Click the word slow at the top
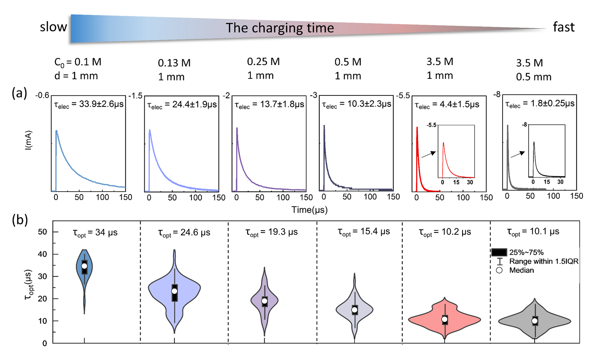click(x=54, y=27)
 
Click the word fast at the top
click(x=564, y=27)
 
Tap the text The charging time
click(x=280, y=28)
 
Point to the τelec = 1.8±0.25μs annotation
click(x=540, y=104)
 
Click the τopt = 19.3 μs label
click(x=271, y=232)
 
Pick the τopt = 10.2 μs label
click(x=445, y=232)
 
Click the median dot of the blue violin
click(x=84, y=266)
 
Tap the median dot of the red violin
click(x=445, y=319)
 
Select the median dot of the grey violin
click(x=535, y=321)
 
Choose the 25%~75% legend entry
click(x=526, y=252)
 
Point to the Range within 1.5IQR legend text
click(x=544, y=261)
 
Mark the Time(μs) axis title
click(x=310, y=210)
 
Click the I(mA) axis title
click(x=29, y=141)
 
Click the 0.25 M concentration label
click(x=263, y=62)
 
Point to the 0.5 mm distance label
click(x=533, y=77)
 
